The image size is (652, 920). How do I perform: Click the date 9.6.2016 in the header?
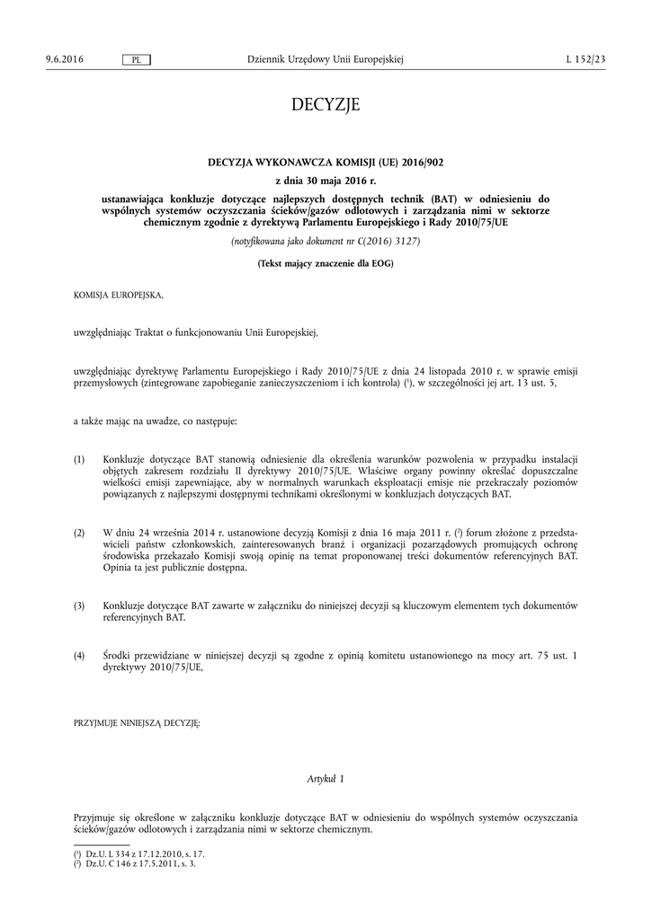(64, 59)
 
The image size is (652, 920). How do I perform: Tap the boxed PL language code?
(136, 59)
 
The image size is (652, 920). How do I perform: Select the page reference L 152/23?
(586, 59)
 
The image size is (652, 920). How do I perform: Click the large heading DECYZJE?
(326, 105)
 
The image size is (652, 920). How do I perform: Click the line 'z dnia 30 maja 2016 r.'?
(326, 181)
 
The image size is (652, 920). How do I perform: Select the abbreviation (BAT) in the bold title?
(443, 199)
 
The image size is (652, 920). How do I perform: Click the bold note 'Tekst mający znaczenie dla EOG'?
(326, 263)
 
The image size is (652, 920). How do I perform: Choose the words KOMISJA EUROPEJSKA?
(119, 294)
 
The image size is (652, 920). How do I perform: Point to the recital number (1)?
(80, 459)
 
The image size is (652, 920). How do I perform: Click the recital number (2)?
(80, 533)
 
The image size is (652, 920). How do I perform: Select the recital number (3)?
(80, 606)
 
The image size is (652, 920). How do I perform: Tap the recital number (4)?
(80, 656)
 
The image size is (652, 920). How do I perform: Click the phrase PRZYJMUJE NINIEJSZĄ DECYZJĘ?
(138, 722)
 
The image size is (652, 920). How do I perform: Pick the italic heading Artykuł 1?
(326, 778)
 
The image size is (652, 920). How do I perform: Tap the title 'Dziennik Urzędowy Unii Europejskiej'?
(326, 59)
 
